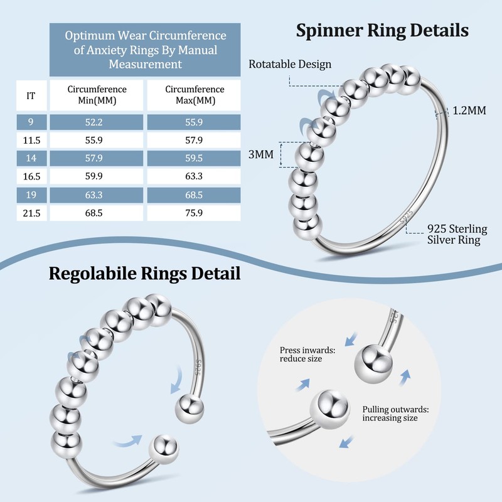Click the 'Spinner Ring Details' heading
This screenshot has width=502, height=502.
point(382,31)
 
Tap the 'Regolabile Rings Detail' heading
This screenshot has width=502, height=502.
point(145,274)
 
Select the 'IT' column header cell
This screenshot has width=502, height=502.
point(31,95)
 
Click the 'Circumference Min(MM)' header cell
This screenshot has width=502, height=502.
point(97,95)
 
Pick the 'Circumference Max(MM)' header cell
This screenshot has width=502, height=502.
point(194,95)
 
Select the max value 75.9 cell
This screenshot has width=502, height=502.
point(194,213)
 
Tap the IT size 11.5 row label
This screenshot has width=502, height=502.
point(31,140)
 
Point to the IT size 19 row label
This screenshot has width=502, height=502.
point(31,195)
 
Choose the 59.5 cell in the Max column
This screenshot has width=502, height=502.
point(194,158)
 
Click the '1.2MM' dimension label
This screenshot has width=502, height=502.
point(469,110)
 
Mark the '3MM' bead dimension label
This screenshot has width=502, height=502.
point(261,154)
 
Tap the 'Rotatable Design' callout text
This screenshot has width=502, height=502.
point(290,64)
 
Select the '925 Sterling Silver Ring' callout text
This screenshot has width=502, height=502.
point(457,234)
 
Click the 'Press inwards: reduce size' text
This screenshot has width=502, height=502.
point(307,355)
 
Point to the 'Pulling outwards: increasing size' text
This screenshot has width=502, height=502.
point(396,414)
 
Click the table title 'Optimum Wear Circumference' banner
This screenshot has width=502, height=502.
point(145,50)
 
